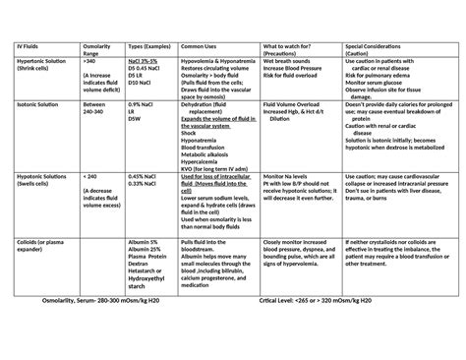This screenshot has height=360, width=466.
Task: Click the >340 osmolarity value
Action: click(x=92, y=61)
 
